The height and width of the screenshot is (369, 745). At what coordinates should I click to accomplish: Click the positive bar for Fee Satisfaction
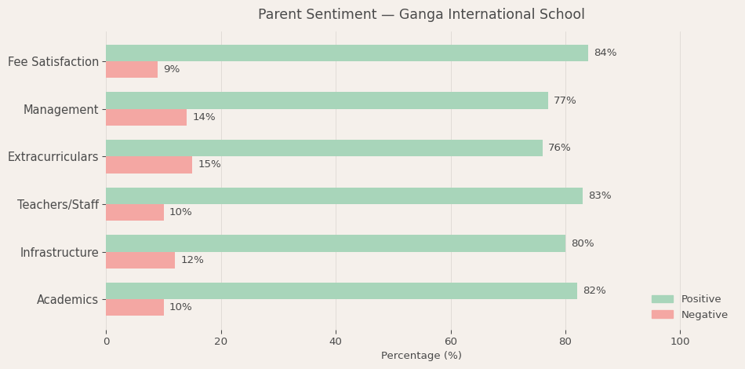coord(347,53)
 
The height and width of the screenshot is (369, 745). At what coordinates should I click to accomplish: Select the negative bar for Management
coord(147,118)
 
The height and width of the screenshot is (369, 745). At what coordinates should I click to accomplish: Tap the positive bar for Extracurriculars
coord(324,148)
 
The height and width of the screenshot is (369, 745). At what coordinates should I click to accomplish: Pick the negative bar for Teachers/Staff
coord(135,213)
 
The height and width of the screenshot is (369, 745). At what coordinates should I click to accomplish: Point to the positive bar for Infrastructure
coord(336,243)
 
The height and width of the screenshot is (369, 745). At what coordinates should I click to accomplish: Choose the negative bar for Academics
coord(135,308)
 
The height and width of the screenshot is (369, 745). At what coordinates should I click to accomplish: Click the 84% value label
coord(605,53)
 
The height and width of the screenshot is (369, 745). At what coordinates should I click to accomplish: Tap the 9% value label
coord(172,70)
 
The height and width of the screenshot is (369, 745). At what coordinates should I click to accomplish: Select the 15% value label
coord(209,165)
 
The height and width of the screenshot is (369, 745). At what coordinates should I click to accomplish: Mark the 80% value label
coord(583,244)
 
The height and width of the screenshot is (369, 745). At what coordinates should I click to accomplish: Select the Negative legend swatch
coord(662,315)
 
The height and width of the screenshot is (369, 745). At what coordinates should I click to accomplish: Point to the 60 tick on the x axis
coord(451,342)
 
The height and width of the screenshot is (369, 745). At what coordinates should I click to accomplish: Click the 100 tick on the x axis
coord(680,342)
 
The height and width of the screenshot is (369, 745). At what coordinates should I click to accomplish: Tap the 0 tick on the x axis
coord(107,342)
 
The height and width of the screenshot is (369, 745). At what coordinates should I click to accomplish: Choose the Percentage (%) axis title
coord(421,356)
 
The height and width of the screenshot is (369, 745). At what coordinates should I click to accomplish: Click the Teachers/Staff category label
coord(58,205)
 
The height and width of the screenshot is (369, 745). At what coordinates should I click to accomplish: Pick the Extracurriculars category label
coord(53,157)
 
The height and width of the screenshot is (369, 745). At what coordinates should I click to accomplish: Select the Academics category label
coord(67,300)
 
